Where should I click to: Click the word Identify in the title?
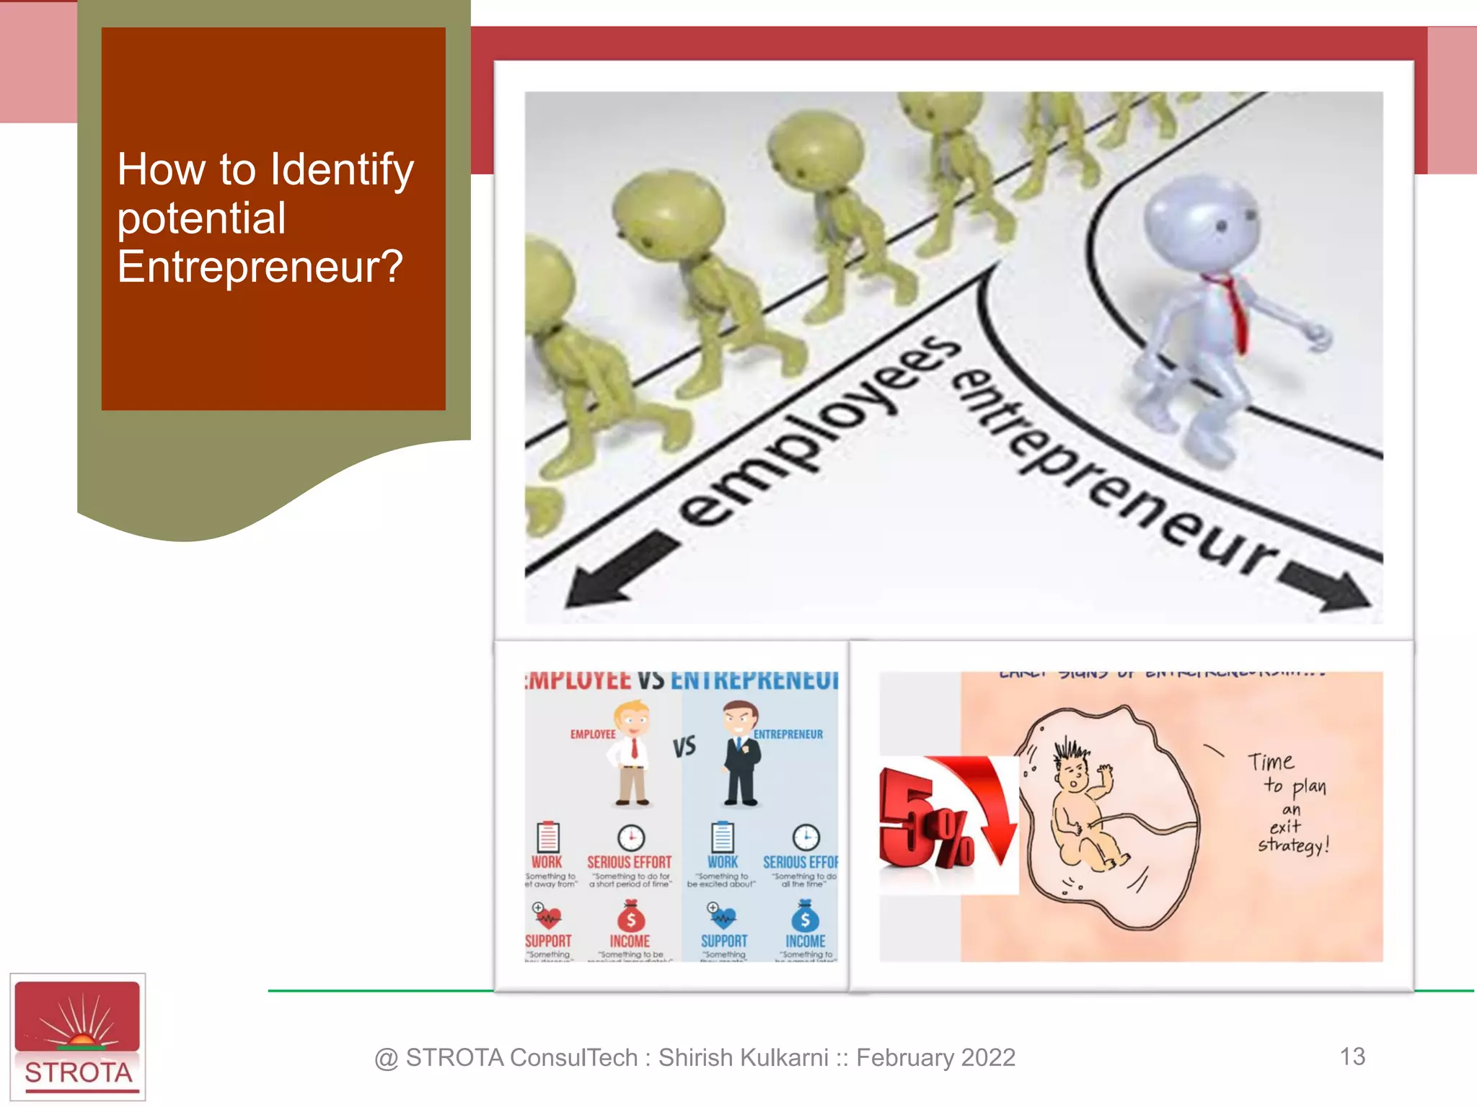tap(342, 170)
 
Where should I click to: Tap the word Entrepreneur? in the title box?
tap(260, 267)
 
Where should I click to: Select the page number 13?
tap(1352, 1057)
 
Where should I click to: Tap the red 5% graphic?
tap(938, 822)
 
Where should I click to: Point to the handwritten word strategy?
tap(1293, 845)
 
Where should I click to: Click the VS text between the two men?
tap(684, 747)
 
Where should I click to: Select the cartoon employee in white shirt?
tap(632, 753)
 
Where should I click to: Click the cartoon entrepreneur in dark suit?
tap(741, 753)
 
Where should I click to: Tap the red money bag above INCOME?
tap(631, 917)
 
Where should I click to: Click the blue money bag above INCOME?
tap(805, 917)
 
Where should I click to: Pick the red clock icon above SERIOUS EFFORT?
tap(631, 837)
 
